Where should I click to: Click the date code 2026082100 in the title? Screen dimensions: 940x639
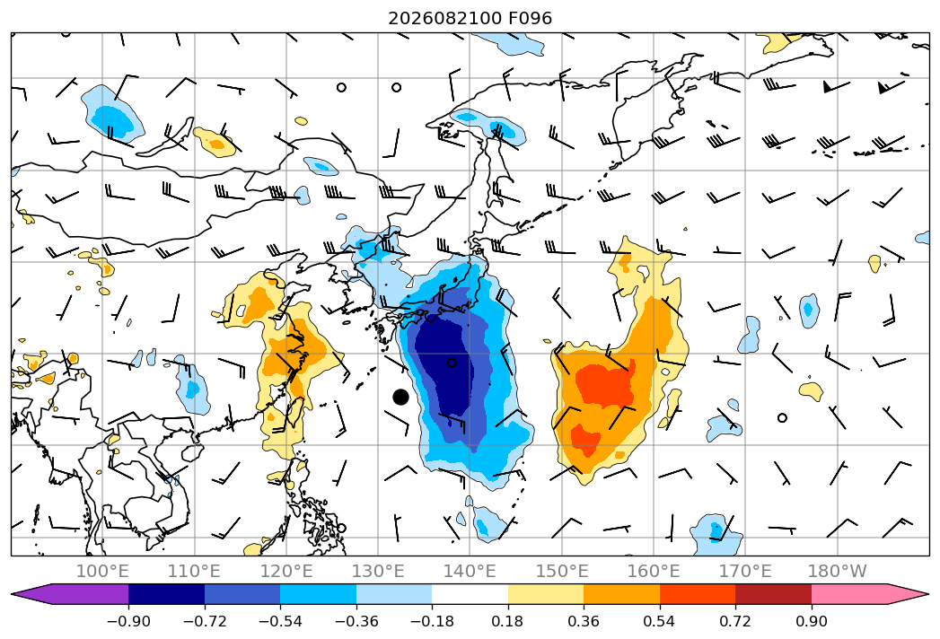tap(444, 18)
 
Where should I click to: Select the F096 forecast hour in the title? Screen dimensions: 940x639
tap(530, 18)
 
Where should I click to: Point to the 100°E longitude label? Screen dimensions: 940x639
tap(102, 571)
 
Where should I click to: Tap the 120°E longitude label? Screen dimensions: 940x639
tap(286, 571)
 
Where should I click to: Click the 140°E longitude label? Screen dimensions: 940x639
tap(470, 571)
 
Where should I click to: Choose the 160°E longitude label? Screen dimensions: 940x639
tap(654, 571)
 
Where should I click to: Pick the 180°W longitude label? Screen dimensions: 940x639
tap(837, 571)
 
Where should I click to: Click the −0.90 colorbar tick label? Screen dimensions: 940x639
tap(128, 621)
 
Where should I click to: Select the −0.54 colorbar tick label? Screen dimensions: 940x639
tap(280, 621)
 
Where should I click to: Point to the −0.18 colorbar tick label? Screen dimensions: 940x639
tap(432, 621)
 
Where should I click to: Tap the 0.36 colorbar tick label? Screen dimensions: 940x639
tap(584, 621)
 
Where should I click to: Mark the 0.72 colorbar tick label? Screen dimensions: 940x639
tap(735, 621)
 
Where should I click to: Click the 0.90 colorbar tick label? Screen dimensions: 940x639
tap(811, 621)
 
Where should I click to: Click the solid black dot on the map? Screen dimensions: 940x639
tap(400, 397)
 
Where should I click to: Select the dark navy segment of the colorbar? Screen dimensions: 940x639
tap(167, 594)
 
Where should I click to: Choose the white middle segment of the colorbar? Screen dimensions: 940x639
tap(470, 594)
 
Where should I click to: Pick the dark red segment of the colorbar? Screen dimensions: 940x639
tap(773, 594)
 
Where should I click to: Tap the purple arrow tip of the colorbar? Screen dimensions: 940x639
tap(18, 594)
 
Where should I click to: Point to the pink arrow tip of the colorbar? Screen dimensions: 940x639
tap(922, 594)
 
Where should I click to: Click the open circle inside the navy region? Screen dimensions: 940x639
tap(452, 363)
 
